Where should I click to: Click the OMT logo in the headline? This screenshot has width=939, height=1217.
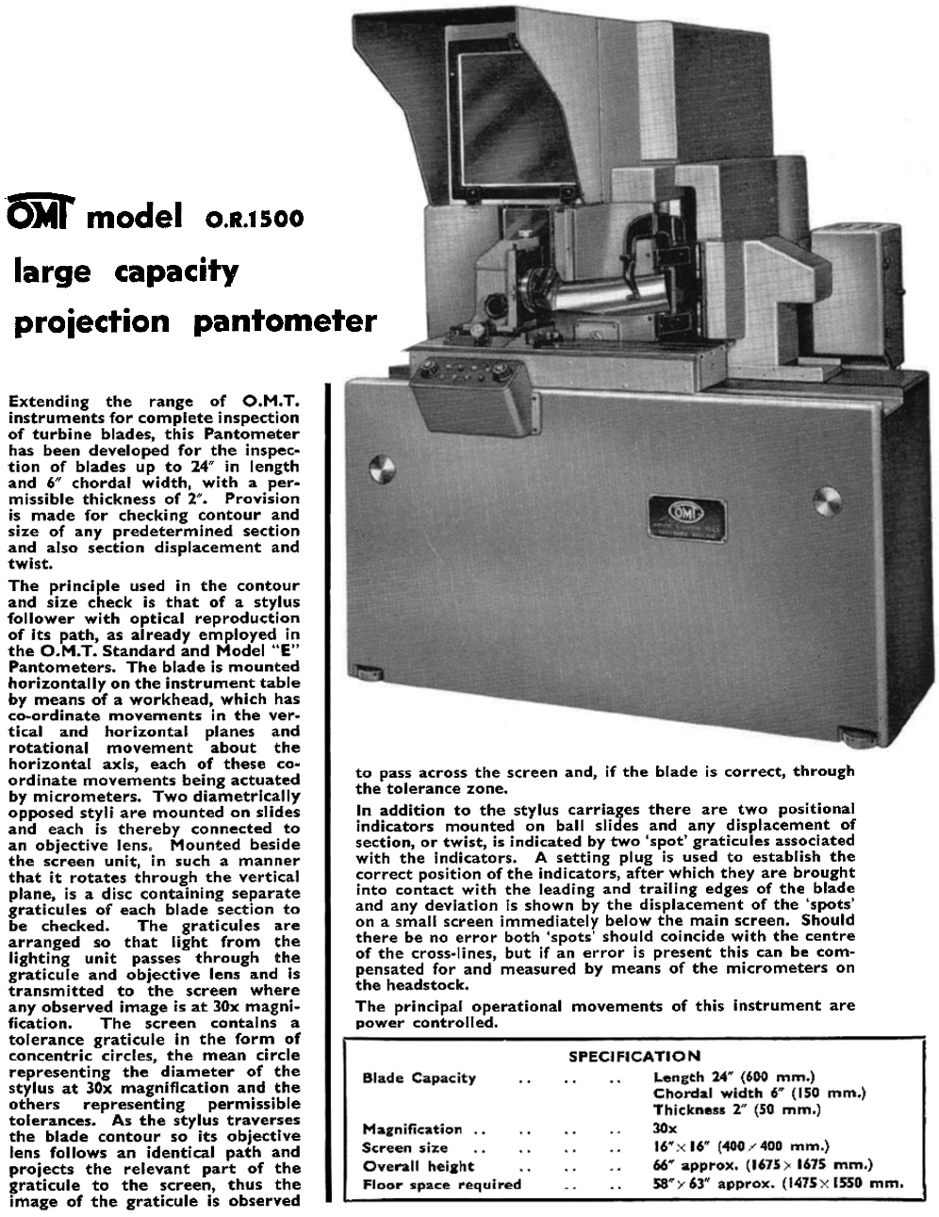41,216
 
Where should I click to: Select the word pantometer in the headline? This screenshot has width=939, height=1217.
284,322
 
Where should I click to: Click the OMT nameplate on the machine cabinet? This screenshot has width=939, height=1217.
684,518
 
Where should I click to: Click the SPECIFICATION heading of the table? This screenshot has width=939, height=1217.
634,1056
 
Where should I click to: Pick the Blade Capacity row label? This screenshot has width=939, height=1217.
419,1077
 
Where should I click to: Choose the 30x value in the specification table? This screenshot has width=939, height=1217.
665,1128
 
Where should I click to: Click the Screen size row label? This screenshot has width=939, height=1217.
405,1147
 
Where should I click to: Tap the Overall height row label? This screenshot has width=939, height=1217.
418,1165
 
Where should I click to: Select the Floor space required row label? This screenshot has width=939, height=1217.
441,1184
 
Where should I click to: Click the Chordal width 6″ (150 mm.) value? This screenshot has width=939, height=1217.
759,1094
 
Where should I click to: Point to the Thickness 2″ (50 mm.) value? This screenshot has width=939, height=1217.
738,1110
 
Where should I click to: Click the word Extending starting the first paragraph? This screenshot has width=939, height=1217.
48,402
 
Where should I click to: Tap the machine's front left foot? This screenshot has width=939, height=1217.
370,672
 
